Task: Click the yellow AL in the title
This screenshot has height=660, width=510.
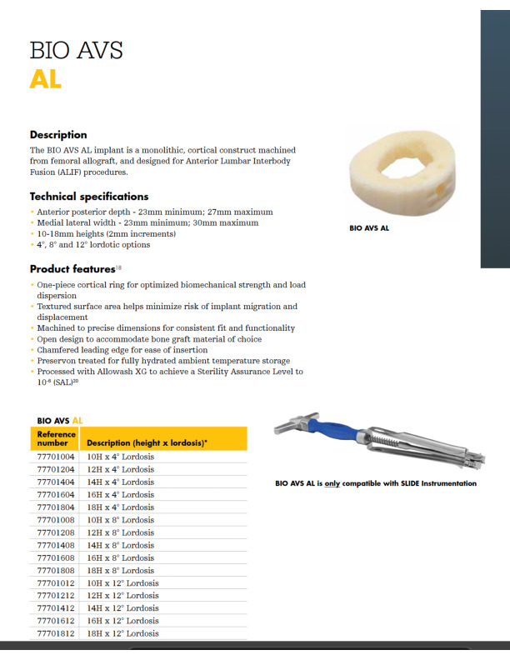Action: point(45,79)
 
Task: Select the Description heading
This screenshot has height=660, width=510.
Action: point(58,135)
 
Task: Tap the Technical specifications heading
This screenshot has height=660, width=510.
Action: point(89,197)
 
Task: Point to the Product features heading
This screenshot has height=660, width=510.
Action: point(72,269)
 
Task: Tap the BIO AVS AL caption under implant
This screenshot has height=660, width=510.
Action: point(369,227)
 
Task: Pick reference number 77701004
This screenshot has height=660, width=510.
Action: point(56,457)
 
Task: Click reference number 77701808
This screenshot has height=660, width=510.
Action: point(56,570)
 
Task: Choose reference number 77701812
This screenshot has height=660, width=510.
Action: point(56,633)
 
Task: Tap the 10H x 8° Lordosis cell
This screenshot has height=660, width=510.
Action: point(120,520)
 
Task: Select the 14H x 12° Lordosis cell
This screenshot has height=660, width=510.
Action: point(122,608)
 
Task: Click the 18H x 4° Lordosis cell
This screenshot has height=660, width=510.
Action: point(120,507)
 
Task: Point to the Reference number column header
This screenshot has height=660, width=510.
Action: point(56,438)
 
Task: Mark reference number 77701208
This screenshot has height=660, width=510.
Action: point(56,532)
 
